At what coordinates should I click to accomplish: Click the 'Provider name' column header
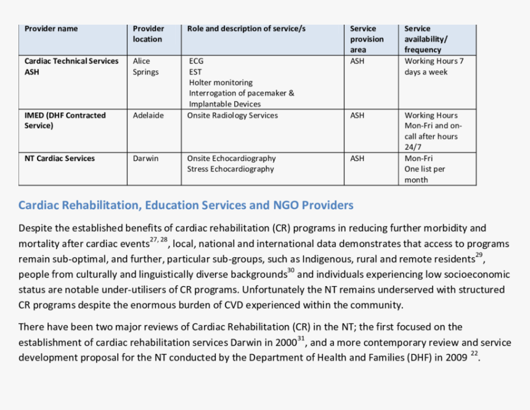(51, 28)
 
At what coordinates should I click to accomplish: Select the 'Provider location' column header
(148, 33)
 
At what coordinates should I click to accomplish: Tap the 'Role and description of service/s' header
(246, 28)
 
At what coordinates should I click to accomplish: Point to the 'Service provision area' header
(367, 39)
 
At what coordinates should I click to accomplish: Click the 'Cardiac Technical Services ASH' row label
(71, 66)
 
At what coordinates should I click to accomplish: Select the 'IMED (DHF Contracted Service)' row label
(65, 120)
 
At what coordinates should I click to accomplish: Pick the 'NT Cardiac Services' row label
(60, 158)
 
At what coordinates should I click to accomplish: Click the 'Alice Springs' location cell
(145, 66)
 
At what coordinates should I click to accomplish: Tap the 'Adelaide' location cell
(149, 115)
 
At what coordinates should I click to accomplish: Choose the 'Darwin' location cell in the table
(145, 158)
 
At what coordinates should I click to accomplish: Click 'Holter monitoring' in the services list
(221, 83)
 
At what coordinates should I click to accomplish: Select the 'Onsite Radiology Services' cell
(232, 115)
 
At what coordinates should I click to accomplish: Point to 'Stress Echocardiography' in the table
(230, 169)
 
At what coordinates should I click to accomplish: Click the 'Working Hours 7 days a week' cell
(434, 66)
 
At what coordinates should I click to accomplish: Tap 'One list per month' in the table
(425, 174)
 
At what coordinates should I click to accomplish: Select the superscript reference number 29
(479, 255)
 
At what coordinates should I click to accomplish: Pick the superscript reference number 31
(301, 338)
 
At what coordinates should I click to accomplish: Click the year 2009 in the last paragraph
(456, 358)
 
